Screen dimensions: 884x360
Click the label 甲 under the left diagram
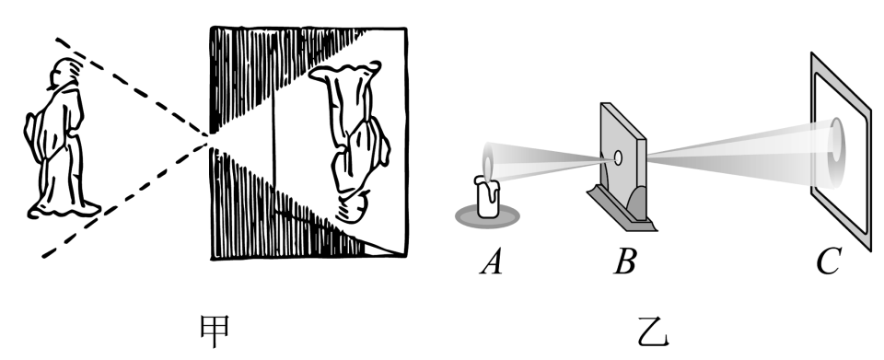(215, 331)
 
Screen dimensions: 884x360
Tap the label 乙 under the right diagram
(654, 331)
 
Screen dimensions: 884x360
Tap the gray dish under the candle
(487, 217)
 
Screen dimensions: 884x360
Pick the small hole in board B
(618, 157)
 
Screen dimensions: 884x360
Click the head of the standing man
(64, 72)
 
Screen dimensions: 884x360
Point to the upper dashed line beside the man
(132, 87)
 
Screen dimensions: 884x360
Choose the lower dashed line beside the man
(126, 200)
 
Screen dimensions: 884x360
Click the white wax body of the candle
(488, 198)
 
